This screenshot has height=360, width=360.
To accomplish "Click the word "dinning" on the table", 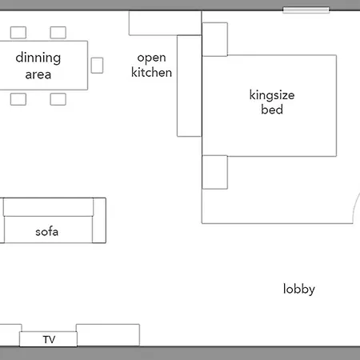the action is (38, 58).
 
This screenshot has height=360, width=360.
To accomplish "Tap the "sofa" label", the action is (46, 231).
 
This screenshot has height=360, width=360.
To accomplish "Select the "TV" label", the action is (49, 339).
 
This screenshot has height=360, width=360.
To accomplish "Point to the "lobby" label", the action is (299, 289).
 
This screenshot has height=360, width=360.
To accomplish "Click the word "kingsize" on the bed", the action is (272, 95).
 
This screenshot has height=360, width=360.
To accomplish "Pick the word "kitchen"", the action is (151, 72).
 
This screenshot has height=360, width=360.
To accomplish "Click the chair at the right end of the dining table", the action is (97, 66).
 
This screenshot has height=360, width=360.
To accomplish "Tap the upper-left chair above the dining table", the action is (18, 33).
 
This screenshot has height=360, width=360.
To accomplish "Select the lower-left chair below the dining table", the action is (18, 99).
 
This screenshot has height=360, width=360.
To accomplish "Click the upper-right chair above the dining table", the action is (58, 33).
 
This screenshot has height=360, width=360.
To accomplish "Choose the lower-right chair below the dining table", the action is (58, 99).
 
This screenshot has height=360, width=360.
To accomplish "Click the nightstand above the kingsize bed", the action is (215, 39).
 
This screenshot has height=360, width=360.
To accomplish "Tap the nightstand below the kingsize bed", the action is (215, 172).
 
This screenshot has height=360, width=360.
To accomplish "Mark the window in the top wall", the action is (306, 10).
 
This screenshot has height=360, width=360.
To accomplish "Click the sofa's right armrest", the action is (99, 221).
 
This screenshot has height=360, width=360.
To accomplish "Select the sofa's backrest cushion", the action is (48, 207).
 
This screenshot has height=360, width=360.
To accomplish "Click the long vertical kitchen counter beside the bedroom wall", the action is (190, 86).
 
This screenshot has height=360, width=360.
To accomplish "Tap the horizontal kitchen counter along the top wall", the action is (165, 23).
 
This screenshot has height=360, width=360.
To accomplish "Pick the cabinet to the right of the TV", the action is (108, 335).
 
